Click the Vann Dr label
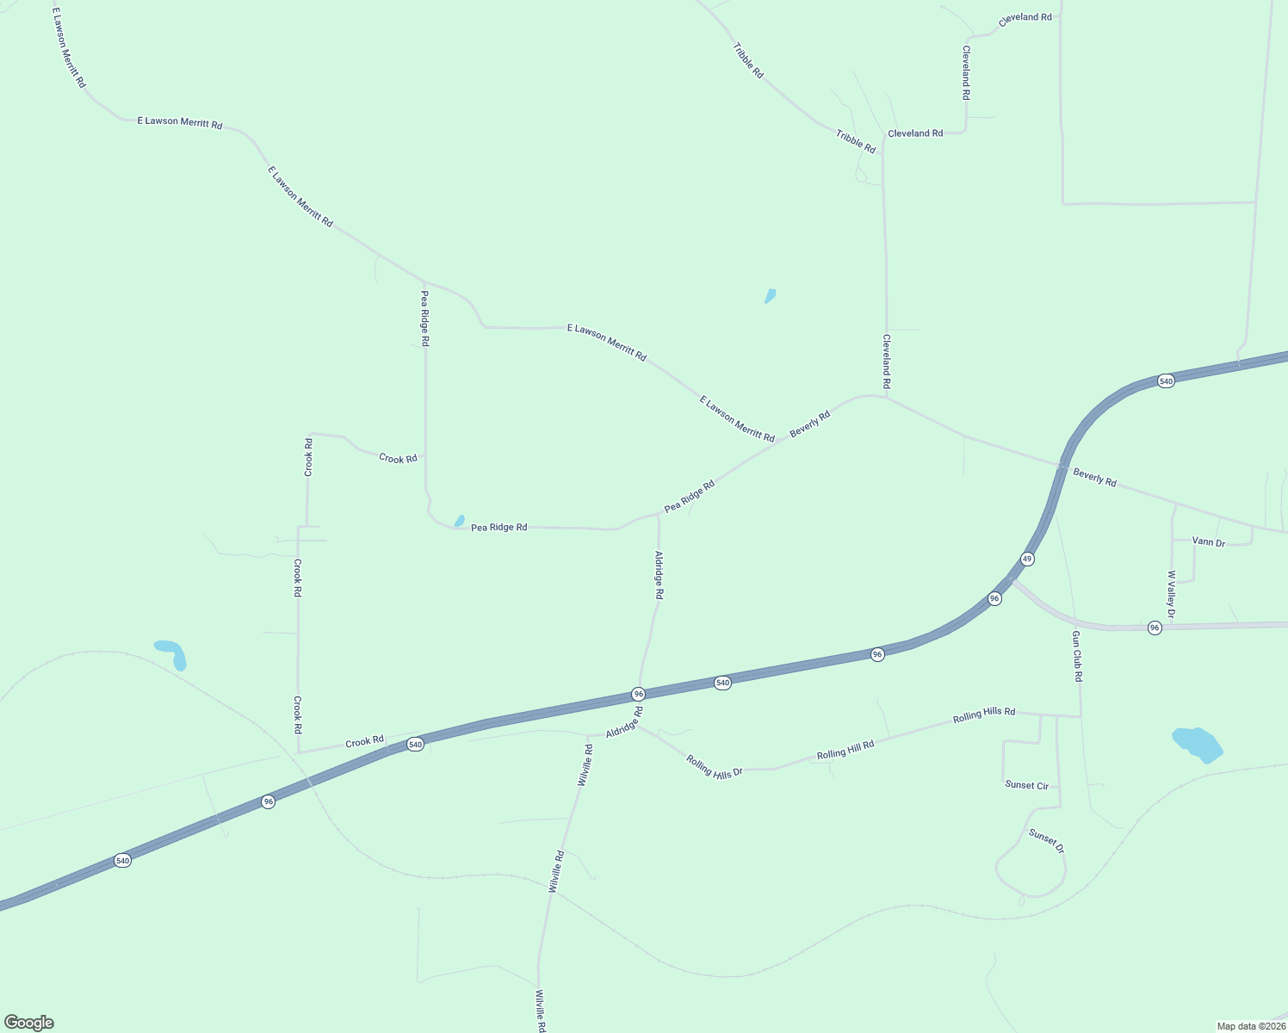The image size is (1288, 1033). (1208, 542)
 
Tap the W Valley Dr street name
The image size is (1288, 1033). (1171, 594)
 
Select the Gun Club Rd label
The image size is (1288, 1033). (1076, 656)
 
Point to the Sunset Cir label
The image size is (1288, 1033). (1026, 785)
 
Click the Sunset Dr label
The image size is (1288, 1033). (1046, 841)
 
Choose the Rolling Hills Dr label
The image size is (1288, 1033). (714, 766)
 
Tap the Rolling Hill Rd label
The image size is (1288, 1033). (845, 750)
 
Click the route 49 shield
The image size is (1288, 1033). (1027, 559)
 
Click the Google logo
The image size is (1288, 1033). (28, 1023)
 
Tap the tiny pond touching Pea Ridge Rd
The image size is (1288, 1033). (460, 521)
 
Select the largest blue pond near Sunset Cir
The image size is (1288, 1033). (1197, 745)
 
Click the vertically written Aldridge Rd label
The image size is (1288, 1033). (659, 575)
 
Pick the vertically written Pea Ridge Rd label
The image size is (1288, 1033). (424, 319)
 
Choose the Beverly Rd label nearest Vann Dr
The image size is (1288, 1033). (1094, 477)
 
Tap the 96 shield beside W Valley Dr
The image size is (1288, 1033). (1155, 628)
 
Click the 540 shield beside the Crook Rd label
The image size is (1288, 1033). (415, 744)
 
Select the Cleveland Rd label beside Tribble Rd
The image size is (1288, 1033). (915, 133)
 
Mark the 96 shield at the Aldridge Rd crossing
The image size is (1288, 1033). (638, 694)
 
